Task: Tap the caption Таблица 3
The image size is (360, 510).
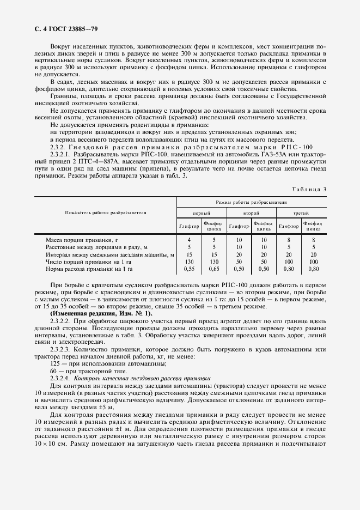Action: coord(309,189)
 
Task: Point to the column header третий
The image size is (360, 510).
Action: coord(301,213)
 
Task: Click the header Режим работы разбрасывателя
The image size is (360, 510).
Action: coord(251,202)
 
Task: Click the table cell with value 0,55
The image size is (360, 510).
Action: coord(189,268)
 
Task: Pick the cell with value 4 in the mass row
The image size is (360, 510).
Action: coord(189,240)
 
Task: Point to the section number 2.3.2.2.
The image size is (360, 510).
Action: coord(60,321)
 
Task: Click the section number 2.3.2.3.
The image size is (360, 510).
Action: coord(60,349)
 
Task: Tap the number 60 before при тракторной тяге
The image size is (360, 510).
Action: coord(53,370)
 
